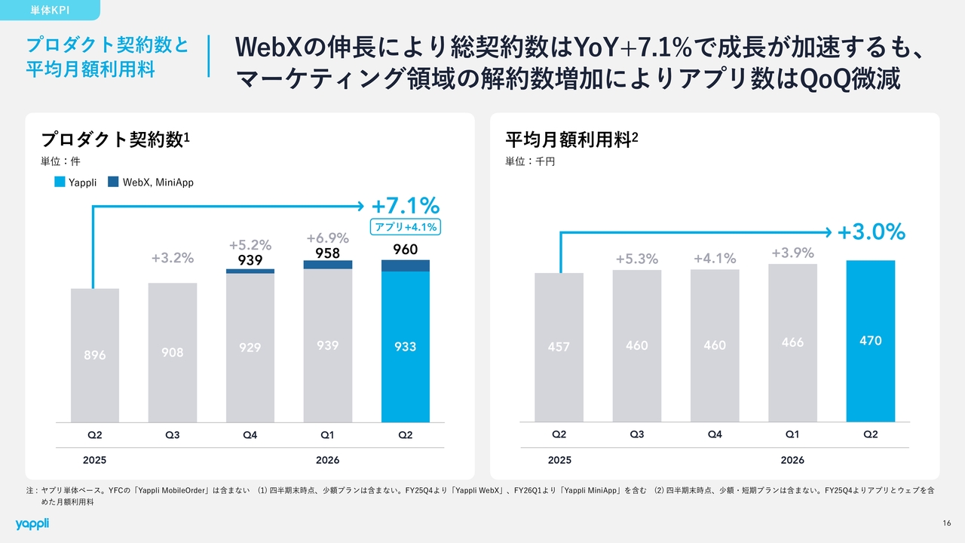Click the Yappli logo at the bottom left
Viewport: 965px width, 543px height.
tap(32, 523)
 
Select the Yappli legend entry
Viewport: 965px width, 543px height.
tap(75, 183)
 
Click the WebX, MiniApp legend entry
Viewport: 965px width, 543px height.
tap(151, 183)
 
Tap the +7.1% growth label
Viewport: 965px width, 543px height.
tap(406, 206)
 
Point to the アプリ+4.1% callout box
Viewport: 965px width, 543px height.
tap(406, 227)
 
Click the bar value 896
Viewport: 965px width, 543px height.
tap(95, 355)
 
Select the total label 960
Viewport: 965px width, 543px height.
tap(406, 250)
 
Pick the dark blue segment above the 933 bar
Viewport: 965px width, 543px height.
tap(406, 265)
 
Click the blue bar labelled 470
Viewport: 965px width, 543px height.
tap(871, 341)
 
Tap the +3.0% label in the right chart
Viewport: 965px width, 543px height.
tap(871, 232)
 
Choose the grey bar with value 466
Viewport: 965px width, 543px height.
tap(792, 343)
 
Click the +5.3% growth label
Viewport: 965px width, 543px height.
tap(637, 259)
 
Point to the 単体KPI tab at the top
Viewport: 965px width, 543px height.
tap(50, 10)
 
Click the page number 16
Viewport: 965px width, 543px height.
tap(946, 523)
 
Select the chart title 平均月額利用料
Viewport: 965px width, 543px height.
tap(568, 140)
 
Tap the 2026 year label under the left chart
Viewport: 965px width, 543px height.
tap(327, 460)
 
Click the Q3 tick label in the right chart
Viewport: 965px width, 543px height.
tap(637, 434)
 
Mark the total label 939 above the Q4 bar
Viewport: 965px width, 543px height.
tap(250, 260)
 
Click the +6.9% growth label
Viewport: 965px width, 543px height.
tap(328, 238)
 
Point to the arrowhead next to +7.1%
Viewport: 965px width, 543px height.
tap(361, 207)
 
